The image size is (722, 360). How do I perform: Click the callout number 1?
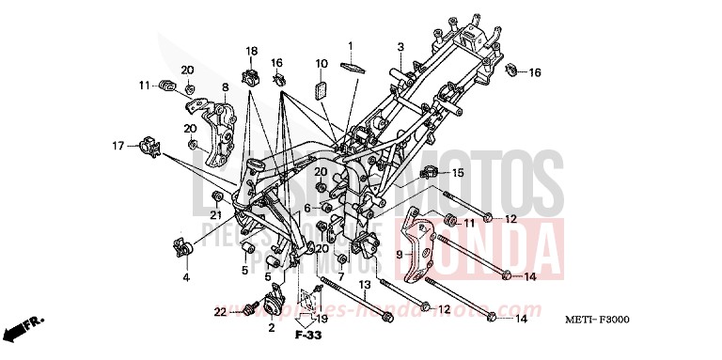[x=350, y=45]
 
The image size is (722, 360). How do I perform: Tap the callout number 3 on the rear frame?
[x=400, y=46]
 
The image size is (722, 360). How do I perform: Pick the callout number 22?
[x=220, y=310]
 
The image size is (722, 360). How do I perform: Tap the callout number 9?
[x=399, y=254]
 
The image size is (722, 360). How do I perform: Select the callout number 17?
[x=118, y=146]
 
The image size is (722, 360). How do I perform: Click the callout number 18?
[x=251, y=51]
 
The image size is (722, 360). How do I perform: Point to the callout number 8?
[x=225, y=87]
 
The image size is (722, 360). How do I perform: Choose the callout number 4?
[x=186, y=277]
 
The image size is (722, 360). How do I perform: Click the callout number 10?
[x=321, y=64]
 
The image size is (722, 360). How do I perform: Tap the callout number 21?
[x=215, y=215]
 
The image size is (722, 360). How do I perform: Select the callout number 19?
[x=320, y=319]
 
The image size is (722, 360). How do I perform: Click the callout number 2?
[x=271, y=327]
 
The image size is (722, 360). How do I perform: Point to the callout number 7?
[x=340, y=277]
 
